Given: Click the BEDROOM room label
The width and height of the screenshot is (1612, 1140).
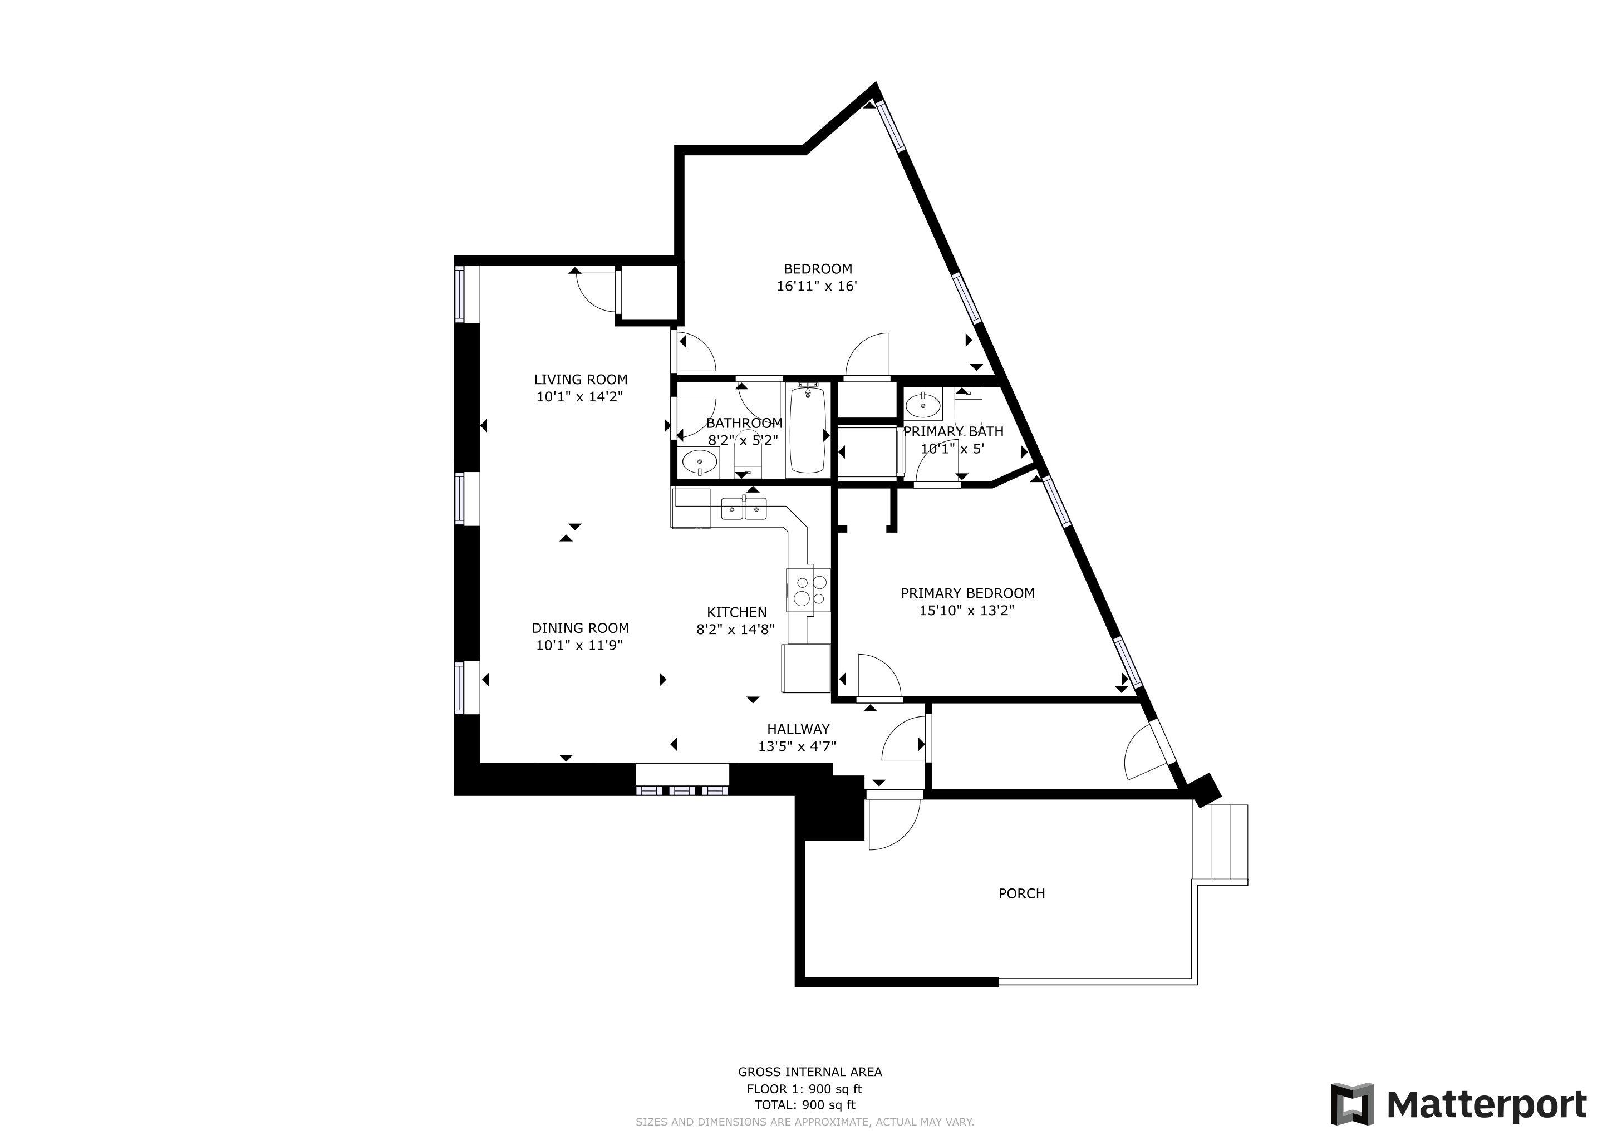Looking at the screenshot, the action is (818, 269).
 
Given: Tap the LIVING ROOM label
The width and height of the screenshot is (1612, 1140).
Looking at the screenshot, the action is (581, 380).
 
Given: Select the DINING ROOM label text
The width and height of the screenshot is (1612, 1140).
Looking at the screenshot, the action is (580, 628).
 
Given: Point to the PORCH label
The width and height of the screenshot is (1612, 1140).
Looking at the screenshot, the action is (1021, 893).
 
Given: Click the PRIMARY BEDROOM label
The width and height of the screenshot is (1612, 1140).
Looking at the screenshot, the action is (967, 593).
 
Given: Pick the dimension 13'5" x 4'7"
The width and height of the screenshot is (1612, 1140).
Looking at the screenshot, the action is (797, 746).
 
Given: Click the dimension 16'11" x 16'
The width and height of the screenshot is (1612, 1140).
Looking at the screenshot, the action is (817, 287).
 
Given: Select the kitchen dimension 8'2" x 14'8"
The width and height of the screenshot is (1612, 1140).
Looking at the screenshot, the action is (735, 630).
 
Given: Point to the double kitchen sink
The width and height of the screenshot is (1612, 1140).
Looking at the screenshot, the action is (744, 508).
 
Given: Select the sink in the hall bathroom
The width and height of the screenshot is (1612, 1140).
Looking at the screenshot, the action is (699, 463).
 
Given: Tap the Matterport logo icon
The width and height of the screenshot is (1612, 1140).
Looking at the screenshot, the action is (1353, 1104).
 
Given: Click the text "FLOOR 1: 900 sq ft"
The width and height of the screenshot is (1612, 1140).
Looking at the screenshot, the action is (804, 1089).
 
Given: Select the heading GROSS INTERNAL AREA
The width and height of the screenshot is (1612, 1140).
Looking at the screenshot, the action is (809, 1072).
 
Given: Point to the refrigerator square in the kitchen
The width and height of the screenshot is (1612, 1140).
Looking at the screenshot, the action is (806, 669).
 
